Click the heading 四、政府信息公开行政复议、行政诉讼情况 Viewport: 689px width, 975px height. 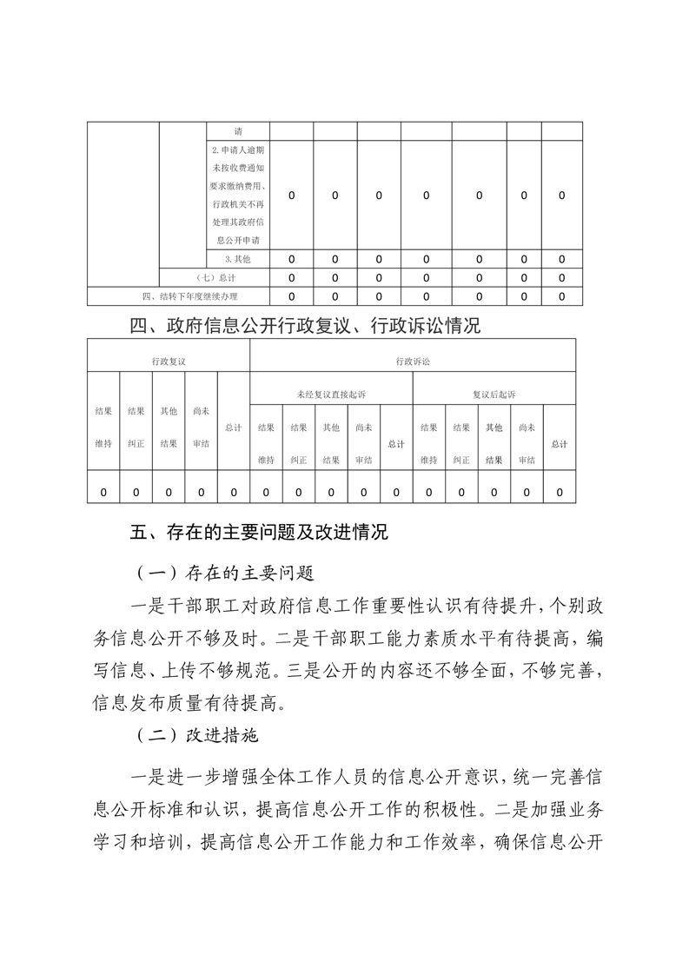pos(304,326)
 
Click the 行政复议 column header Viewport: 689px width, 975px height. pos(169,360)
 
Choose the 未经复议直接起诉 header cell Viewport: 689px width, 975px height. pos(330,394)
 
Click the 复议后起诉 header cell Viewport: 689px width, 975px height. pos(494,394)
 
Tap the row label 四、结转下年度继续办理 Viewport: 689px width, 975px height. pos(189,296)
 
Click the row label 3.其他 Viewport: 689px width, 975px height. pos(236,259)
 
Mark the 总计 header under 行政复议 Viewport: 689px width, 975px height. pos(233,427)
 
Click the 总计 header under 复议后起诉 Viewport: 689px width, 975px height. pos(559,444)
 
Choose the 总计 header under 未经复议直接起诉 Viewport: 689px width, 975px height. pos(395,444)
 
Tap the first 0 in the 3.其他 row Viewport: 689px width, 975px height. pos(291,259)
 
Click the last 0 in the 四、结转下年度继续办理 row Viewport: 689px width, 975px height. pos(561,296)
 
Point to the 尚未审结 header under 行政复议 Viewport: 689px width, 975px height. pos(201,427)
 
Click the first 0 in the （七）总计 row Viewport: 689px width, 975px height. pos(291,278)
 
